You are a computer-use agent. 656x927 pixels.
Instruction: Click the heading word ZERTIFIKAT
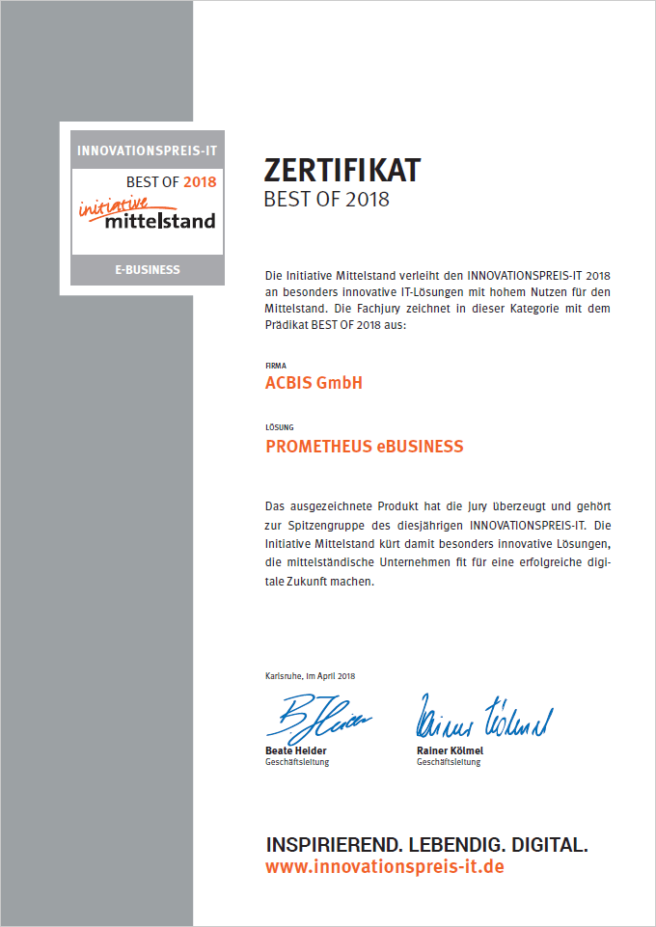(x=342, y=170)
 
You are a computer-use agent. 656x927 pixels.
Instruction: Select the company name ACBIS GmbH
(x=314, y=383)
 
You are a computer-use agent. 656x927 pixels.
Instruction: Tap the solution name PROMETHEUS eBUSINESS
(x=364, y=447)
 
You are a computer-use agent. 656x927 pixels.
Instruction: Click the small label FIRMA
(x=274, y=366)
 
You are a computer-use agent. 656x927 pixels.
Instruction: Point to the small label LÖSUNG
(x=278, y=427)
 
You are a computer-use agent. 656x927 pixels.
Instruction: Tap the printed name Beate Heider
(x=295, y=750)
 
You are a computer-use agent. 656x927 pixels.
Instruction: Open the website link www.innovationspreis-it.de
(x=384, y=867)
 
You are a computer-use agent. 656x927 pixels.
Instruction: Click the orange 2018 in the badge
(x=201, y=180)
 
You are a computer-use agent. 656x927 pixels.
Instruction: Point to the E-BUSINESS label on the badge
(x=148, y=269)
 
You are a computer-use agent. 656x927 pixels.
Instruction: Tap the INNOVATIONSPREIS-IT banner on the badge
(x=148, y=150)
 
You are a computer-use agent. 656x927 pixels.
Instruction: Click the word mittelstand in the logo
(x=160, y=221)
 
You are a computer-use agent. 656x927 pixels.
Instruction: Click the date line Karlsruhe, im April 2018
(x=310, y=676)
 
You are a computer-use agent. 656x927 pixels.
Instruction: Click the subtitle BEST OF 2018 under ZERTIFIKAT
(x=327, y=200)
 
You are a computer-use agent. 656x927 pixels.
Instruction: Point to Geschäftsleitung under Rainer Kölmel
(x=449, y=762)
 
